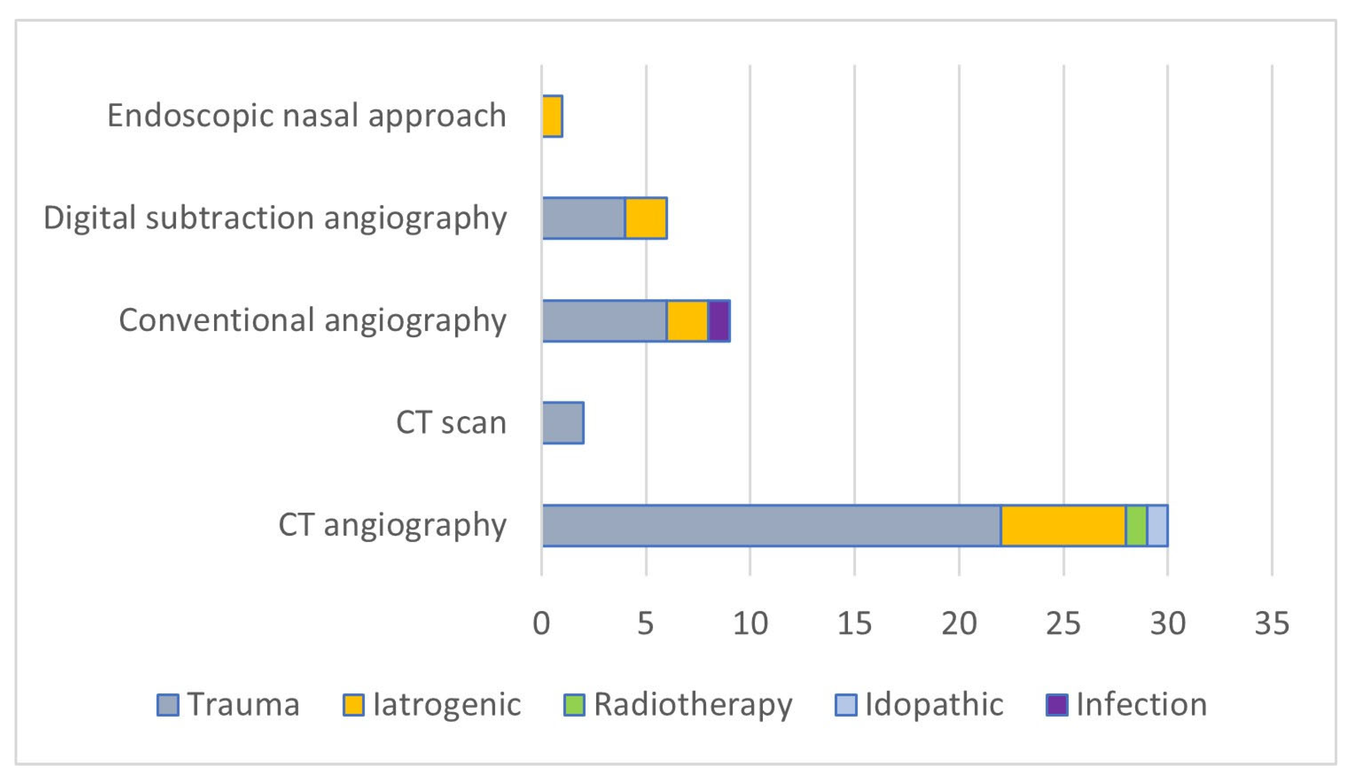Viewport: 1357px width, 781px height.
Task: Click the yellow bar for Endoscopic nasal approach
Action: [x=552, y=116]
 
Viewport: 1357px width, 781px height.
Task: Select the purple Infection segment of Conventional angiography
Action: [x=718, y=321]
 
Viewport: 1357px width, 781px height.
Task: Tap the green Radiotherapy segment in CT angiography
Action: [x=1136, y=526]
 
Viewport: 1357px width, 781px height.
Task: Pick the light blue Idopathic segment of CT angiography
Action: [x=1157, y=526]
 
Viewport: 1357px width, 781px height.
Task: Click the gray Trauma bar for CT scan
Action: [x=563, y=423]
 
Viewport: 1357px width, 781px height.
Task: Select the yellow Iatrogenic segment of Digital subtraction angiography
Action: [x=646, y=218]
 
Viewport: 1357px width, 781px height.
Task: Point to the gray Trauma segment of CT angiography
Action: [x=771, y=526]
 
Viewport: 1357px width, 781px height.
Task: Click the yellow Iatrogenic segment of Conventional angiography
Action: [x=687, y=321]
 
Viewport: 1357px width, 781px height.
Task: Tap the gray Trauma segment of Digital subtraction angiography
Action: [x=584, y=218]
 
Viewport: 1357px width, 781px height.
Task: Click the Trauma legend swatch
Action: [x=168, y=705]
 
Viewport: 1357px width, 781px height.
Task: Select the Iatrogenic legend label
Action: [x=447, y=705]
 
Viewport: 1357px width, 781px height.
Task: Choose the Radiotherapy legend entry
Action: [x=692, y=705]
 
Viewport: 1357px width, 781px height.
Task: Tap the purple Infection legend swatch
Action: [x=1057, y=705]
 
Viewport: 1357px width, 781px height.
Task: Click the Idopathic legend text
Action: [x=933, y=705]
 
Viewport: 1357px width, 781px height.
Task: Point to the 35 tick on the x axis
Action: [x=1272, y=624]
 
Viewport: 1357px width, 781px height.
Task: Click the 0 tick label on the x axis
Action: [x=542, y=624]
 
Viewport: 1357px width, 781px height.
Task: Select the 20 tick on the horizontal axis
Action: [x=959, y=624]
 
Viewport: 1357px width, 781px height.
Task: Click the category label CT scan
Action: [x=451, y=423]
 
